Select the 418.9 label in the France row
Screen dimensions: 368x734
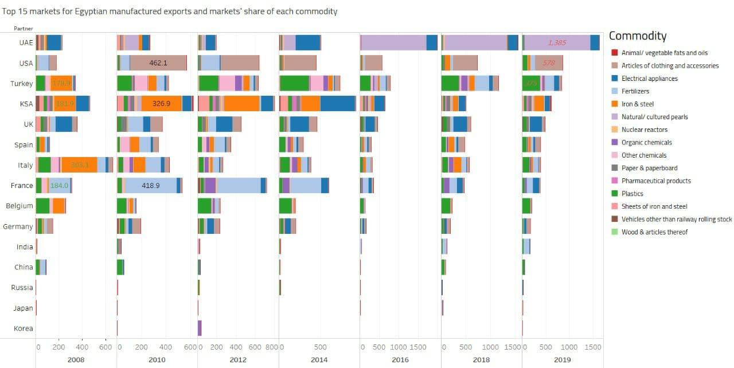pyautogui.click(x=150, y=186)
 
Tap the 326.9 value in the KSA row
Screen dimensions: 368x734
pyautogui.click(x=161, y=104)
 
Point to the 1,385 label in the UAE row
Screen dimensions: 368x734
pyautogui.click(x=557, y=43)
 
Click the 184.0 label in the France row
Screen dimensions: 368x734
pyautogui.click(x=59, y=186)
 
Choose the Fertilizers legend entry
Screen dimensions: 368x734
pyautogui.click(x=635, y=91)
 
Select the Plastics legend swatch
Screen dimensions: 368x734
pyautogui.click(x=614, y=194)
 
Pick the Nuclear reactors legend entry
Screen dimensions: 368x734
pyautogui.click(x=645, y=130)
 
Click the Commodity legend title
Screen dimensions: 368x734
pyautogui.click(x=638, y=36)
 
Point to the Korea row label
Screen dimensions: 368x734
pyautogui.click(x=24, y=328)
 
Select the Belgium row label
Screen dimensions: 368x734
pyautogui.click(x=19, y=206)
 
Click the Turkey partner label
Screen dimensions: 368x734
pyautogui.click(x=22, y=84)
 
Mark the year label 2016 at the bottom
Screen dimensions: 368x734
pyautogui.click(x=400, y=359)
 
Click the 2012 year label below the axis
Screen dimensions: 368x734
pyautogui.click(x=238, y=359)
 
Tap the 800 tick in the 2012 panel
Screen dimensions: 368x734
pyautogui.click(x=272, y=347)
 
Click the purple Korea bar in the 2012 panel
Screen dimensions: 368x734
pyautogui.click(x=200, y=328)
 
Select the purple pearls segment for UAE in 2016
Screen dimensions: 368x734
pyautogui.click(x=393, y=43)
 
